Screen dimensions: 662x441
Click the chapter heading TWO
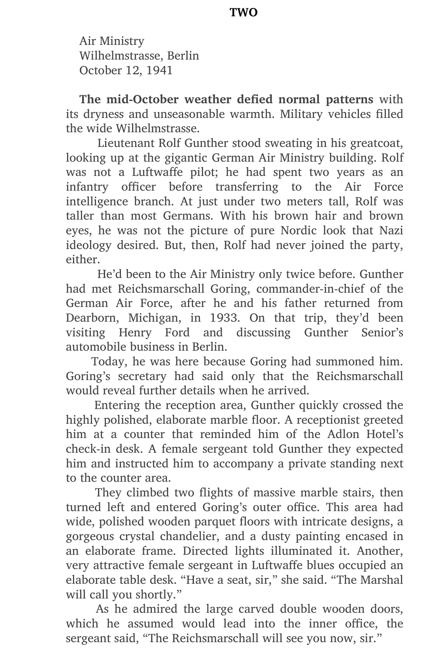pyautogui.click(x=244, y=13)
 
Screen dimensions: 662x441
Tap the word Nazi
pyautogui.click(x=391, y=230)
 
